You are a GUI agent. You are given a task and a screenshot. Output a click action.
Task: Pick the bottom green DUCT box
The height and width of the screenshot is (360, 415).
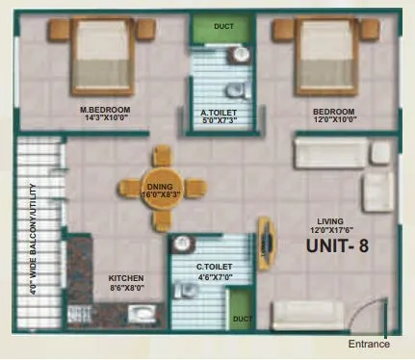243,317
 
